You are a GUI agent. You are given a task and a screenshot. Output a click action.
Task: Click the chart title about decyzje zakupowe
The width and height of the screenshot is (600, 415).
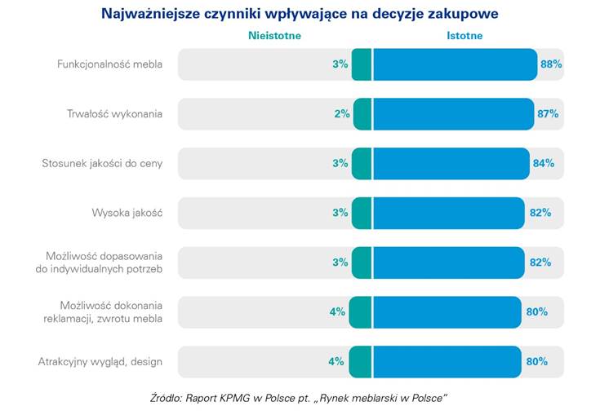(x=300, y=14)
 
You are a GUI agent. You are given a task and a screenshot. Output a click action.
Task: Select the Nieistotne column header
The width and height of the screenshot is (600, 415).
(x=275, y=35)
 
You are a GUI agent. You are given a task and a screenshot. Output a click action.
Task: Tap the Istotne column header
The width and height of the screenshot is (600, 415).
(x=464, y=35)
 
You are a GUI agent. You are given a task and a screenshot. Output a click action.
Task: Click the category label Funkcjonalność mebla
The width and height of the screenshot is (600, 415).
(x=109, y=64)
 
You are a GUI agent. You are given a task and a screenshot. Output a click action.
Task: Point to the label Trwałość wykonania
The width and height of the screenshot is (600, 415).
(x=114, y=114)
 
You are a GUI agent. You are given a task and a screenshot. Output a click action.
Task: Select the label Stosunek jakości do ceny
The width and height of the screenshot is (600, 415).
(x=102, y=163)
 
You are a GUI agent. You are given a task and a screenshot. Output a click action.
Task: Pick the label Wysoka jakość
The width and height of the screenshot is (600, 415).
(x=127, y=213)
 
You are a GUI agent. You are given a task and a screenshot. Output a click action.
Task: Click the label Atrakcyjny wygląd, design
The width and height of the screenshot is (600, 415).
(x=100, y=361)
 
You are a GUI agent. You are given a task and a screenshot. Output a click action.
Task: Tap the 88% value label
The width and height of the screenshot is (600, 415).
(x=551, y=64)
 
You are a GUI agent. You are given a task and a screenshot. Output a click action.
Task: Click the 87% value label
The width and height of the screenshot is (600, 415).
(x=548, y=114)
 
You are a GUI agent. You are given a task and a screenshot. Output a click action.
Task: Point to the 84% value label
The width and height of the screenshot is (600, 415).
(x=543, y=163)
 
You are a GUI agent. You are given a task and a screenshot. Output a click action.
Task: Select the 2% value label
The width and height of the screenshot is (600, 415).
(x=342, y=114)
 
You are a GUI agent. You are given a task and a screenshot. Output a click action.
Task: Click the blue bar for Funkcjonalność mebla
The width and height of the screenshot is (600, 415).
(x=455, y=64)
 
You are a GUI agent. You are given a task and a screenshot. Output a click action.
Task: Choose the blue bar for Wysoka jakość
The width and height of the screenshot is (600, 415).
(x=449, y=213)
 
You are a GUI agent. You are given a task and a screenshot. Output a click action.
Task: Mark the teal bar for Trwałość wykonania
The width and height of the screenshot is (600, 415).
(x=362, y=114)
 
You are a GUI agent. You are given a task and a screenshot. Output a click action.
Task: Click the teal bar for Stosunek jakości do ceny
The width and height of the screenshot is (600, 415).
(x=362, y=163)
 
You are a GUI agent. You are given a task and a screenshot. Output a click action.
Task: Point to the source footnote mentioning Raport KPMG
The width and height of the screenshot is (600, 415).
(x=300, y=399)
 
